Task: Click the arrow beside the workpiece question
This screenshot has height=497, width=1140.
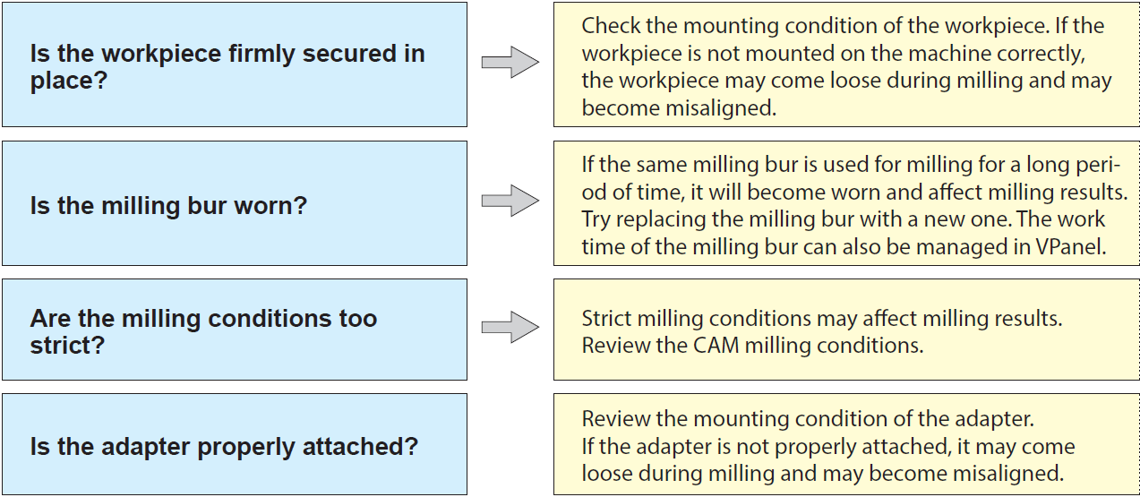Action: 510,62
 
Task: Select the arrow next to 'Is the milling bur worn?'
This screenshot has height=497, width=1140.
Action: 510,201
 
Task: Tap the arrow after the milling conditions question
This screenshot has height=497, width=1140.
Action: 510,327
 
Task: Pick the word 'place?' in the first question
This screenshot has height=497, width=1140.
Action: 69,81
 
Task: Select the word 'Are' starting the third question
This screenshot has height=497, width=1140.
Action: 50,319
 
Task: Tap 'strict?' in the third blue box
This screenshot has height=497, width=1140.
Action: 67,346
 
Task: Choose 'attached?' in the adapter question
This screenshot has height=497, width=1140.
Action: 360,447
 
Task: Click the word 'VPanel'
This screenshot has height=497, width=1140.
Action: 1071,247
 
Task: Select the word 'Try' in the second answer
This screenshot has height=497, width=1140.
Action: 596,219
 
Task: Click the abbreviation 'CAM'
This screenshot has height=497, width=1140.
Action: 716,346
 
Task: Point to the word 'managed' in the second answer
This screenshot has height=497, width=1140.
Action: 951,248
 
